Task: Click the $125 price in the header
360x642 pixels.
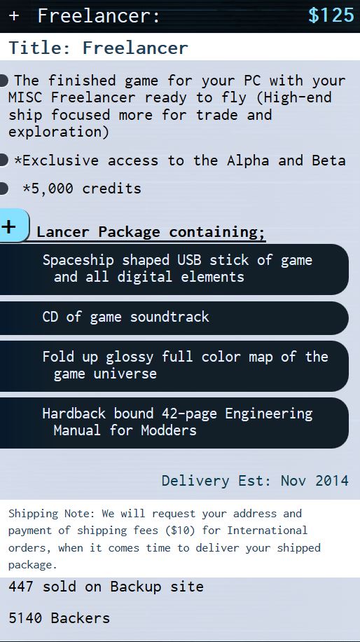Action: [x=331, y=15]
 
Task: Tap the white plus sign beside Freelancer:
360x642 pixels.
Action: [x=14, y=16]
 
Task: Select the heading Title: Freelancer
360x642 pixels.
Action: [x=98, y=48]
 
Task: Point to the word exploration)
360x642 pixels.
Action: [x=59, y=132]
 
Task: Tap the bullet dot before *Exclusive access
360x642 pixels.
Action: [x=4, y=160]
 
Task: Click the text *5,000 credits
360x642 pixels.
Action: [x=82, y=189]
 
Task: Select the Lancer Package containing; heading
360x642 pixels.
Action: [x=151, y=232]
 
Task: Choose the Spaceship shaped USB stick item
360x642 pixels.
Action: [x=174, y=269]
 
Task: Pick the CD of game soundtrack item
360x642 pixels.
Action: [x=174, y=317]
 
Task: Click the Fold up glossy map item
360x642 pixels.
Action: [x=174, y=366]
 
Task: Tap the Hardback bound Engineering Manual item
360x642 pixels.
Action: [x=174, y=423]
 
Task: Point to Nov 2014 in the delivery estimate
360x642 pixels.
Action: [x=314, y=481]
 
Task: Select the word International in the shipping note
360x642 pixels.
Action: [x=267, y=531]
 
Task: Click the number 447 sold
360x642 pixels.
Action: [x=20, y=587]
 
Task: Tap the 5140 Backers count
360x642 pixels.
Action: [x=60, y=618]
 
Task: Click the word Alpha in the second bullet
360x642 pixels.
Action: [x=248, y=160]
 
